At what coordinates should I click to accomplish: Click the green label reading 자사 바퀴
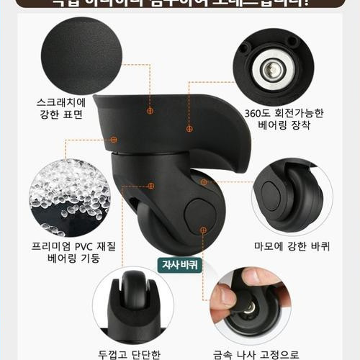[x=180, y=264]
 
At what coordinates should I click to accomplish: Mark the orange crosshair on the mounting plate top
[x=150, y=111]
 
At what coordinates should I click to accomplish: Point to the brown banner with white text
[x=180, y=4]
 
